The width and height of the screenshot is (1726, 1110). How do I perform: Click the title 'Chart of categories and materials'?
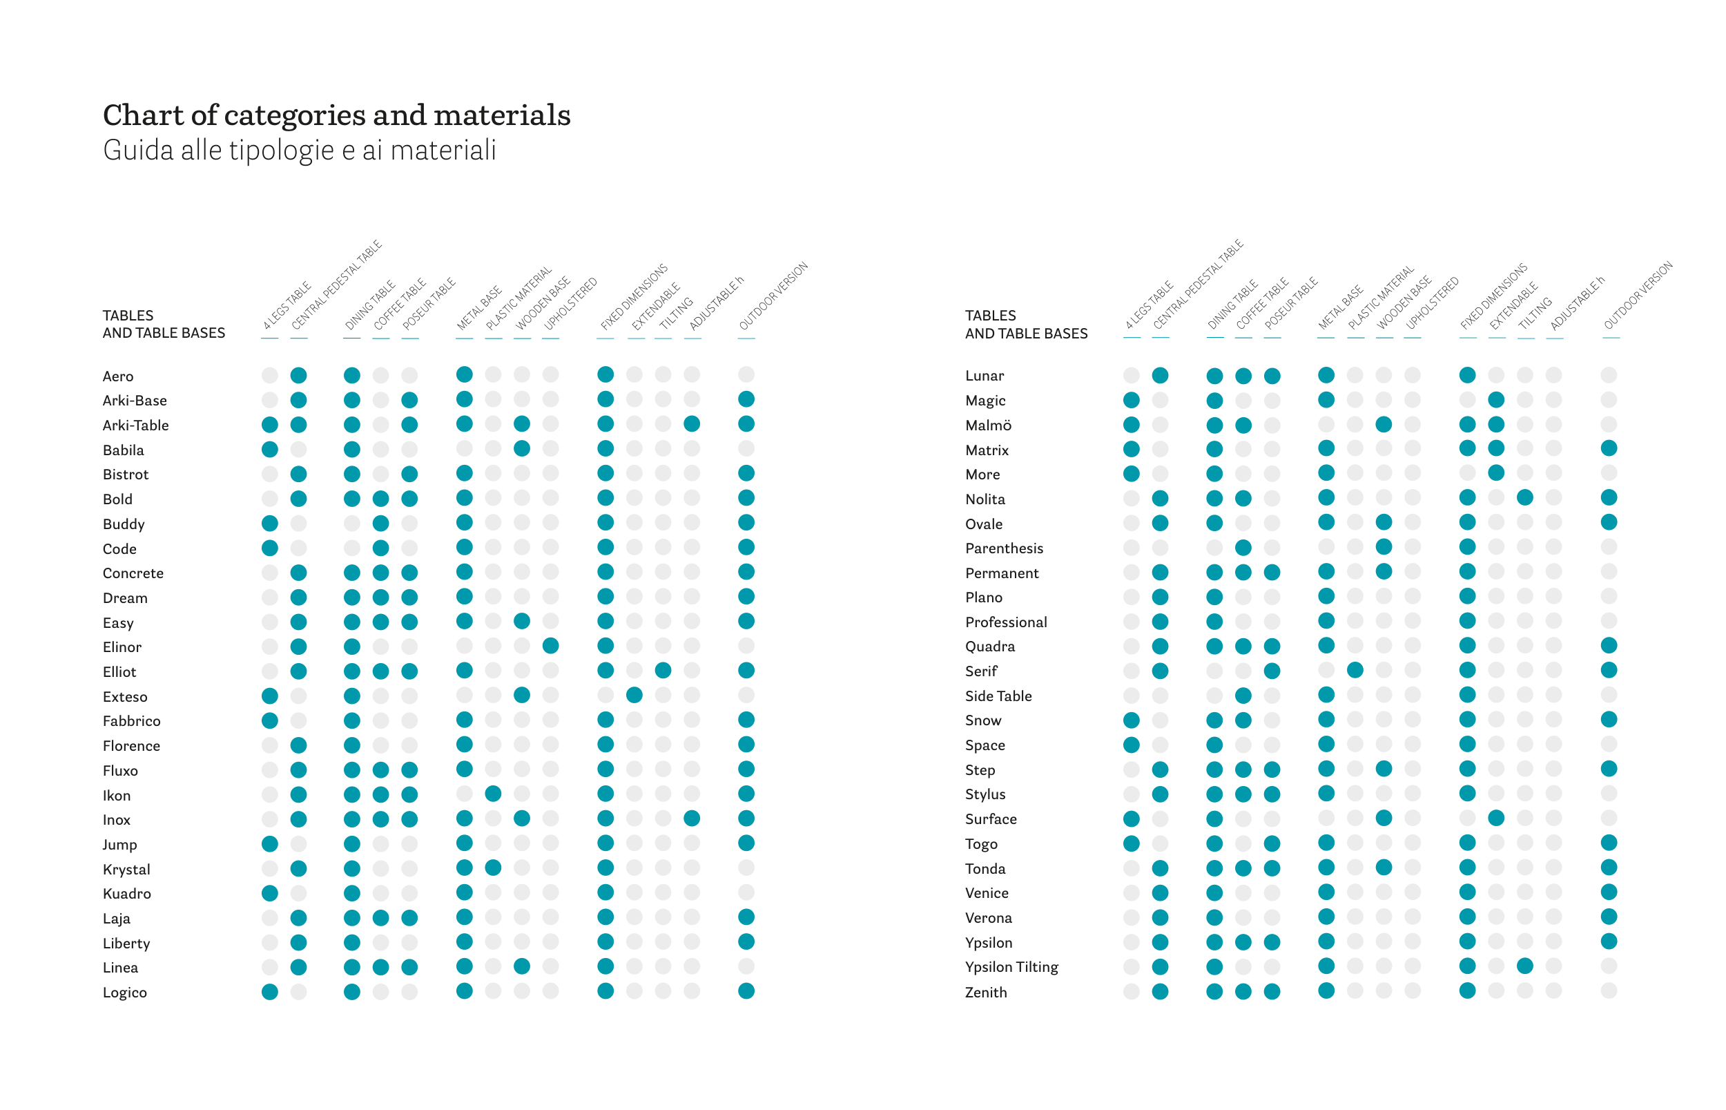(336, 115)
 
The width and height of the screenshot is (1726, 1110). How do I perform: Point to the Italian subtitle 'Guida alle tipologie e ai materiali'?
(299, 151)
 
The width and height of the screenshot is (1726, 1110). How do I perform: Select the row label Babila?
(123, 450)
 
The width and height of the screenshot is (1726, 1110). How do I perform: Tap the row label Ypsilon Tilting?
(1011, 966)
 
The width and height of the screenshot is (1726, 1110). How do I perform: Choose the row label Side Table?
(998, 696)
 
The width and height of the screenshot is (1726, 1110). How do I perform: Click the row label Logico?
(125, 993)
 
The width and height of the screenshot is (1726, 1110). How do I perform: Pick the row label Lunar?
(984, 376)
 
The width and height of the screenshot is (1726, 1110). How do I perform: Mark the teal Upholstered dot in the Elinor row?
(550, 646)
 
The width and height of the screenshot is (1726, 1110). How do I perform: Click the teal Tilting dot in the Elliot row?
(663, 670)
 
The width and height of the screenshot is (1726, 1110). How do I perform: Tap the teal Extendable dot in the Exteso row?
(634, 695)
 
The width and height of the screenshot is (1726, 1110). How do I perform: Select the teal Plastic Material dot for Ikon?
(493, 794)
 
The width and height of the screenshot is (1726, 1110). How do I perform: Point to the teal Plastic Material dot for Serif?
(1355, 670)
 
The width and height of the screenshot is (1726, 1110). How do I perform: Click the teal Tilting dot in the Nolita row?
(1524, 497)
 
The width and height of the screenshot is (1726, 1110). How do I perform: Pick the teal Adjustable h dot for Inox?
(692, 818)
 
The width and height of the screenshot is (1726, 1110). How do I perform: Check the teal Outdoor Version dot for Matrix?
(1608, 448)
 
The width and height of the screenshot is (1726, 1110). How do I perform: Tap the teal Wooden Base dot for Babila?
(521, 448)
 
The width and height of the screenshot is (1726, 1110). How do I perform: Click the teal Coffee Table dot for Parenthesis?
(1243, 547)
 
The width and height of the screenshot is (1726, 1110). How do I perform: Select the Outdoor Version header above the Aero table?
(773, 296)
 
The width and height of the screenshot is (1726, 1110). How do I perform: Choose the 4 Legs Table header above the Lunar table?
(1149, 305)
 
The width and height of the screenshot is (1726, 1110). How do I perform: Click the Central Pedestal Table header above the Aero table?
(336, 285)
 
